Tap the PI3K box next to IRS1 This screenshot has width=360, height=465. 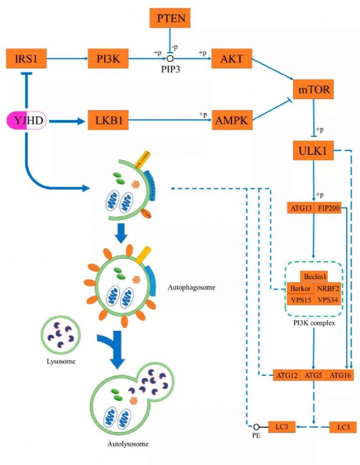point(108,57)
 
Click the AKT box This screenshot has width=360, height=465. point(232,57)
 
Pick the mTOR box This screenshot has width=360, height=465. point(314,88)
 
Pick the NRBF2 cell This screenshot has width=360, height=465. point(328,288)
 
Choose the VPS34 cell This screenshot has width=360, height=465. point(328,299)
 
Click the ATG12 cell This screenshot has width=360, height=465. point(287,376)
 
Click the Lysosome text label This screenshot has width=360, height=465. point(59,361)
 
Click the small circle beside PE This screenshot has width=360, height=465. point(256,427)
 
